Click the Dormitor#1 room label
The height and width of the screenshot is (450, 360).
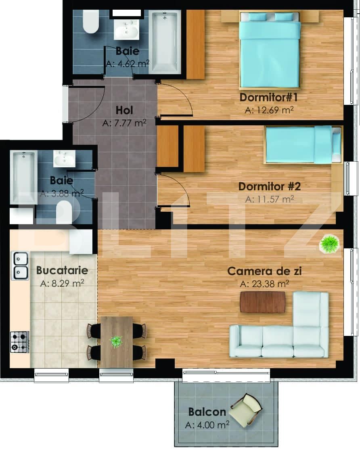[268, 97]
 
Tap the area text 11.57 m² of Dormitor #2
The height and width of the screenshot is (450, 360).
[270, 199]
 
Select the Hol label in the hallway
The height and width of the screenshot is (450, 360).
[124, 110]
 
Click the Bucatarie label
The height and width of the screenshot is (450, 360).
[62, 270]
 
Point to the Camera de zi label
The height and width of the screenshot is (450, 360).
[264, 271]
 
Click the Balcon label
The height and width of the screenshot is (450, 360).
[207, 412]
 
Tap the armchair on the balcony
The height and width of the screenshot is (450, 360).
[247, 410]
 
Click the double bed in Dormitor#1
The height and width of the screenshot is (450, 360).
[270, 49]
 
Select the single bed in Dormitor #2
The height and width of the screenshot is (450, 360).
[303, 145]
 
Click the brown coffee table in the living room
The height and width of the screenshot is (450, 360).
[263, 302]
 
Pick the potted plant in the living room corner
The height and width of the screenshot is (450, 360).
[329, 244]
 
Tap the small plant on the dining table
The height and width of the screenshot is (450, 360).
[116, 342]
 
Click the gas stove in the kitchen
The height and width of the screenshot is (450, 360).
[20, 342]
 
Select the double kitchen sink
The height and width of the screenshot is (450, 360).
[20, 266]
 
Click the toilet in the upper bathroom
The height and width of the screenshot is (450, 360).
[90, 21]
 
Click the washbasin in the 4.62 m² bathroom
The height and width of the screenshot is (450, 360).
[126, 29]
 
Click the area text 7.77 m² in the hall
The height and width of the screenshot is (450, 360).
[124, 123]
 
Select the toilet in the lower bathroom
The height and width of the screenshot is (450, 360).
[64, 212]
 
